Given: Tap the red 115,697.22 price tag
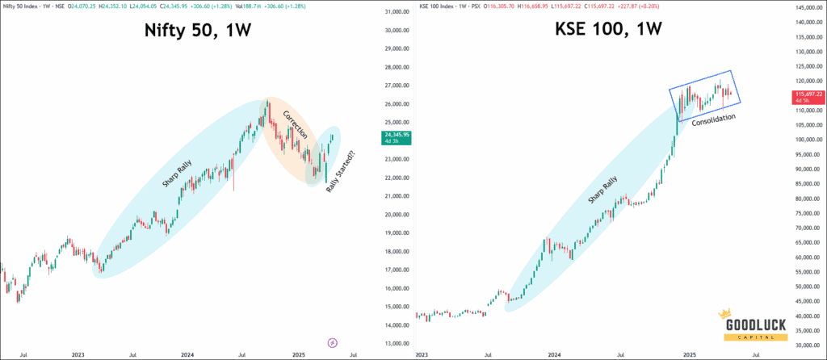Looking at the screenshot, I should point(804,98).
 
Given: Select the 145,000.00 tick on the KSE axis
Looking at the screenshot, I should point(804,8).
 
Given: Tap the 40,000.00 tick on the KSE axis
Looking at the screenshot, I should point(804,316).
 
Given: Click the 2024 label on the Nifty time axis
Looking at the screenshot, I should point(188,354).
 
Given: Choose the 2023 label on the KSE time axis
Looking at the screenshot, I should point(422,354).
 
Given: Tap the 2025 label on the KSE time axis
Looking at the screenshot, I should point(689,354).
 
